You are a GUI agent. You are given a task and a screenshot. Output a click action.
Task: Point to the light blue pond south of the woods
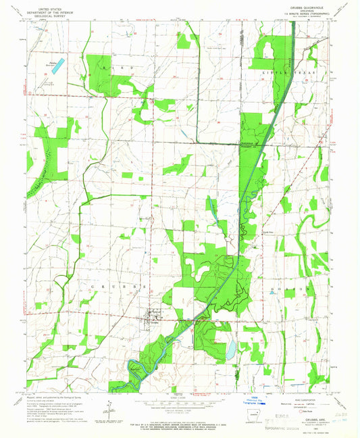coord(232,349)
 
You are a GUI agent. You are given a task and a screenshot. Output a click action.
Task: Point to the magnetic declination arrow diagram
coord(108,407)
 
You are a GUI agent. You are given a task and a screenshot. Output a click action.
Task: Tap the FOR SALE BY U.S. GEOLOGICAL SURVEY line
coord(180,422)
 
